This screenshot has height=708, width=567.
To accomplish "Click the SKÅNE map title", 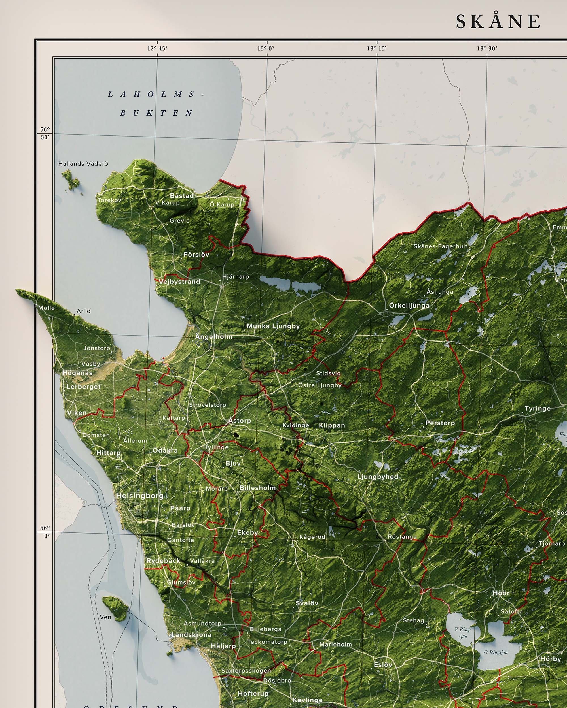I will [498, 22].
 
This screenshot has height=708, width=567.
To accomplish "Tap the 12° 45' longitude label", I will [157, 49].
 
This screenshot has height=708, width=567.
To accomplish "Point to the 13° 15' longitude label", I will [377, 49].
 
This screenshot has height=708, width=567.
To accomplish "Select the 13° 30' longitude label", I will [487, 49].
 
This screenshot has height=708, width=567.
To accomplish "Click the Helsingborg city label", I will [140, 496].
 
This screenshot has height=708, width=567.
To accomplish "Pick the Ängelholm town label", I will [214, 337].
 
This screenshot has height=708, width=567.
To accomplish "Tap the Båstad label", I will [182, 195].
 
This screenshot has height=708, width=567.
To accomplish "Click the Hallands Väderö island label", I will [83, 163].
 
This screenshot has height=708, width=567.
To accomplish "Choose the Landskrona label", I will [191, 635].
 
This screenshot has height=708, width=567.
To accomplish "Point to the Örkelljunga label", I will [409, 305].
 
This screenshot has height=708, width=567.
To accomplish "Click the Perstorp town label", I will [440, 423].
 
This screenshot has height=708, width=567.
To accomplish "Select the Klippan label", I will [332, 425].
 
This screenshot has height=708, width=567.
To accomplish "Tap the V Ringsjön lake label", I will [463, 633].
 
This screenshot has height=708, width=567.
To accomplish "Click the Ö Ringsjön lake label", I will [496, 652].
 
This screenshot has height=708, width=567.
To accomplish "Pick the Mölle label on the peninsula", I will [46, 308].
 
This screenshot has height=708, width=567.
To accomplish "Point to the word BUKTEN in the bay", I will [156, 113].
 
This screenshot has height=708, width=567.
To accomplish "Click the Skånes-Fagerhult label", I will [440, 246].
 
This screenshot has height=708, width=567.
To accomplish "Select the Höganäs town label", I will [77, 373].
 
